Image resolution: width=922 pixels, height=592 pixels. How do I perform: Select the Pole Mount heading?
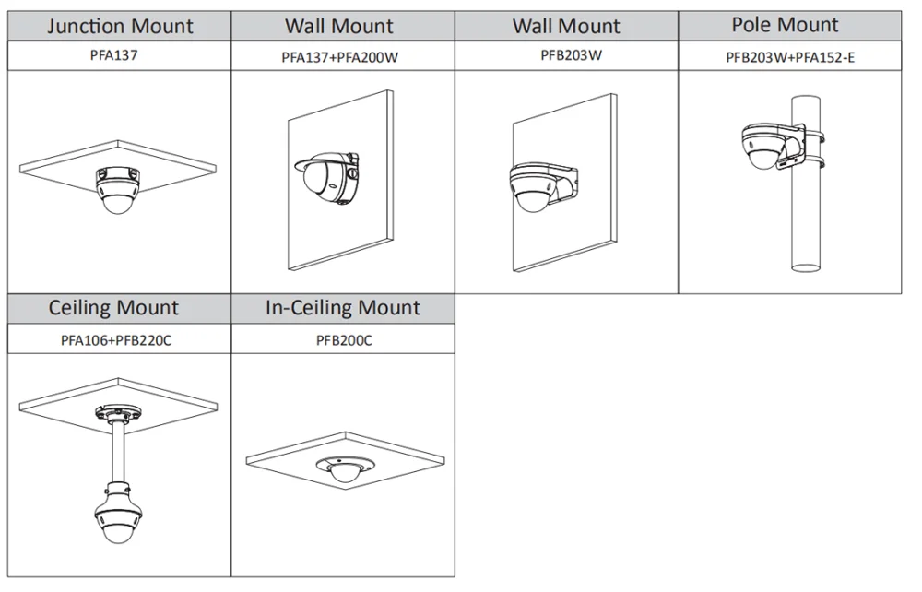pos(785,25)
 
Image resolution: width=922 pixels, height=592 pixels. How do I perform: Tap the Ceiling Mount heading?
pos(114,308)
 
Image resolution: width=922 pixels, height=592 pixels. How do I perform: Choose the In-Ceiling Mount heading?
pos(342,308)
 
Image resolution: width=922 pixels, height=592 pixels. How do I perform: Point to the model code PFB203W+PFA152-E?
pos(791,57)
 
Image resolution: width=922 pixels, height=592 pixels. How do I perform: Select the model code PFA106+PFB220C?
pos(116,340)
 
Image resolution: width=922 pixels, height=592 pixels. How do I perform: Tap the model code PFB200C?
pos(342,340)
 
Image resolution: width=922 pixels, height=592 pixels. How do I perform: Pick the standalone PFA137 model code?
pos(121,55)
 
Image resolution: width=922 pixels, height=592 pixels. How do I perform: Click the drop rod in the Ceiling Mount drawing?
pos(116,452)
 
